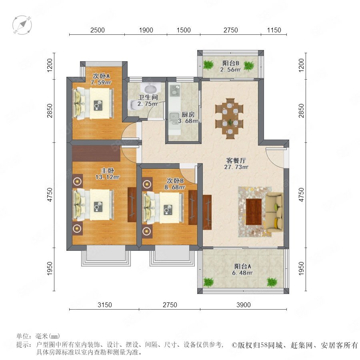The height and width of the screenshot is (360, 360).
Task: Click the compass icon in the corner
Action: [22, 25]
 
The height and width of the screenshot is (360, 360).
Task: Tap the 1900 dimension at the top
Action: [146, 30]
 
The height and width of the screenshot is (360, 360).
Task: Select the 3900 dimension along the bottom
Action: [243, 305]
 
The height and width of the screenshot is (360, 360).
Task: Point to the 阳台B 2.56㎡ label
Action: [230, 66]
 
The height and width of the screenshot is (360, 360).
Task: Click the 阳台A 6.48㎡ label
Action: [242, 270]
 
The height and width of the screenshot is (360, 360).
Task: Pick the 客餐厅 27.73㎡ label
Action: [236, 164]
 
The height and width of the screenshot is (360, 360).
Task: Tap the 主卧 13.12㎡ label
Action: [108, 174]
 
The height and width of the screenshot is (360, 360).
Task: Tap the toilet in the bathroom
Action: [134, 105]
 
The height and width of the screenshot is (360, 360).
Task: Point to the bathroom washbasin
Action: [150, 88]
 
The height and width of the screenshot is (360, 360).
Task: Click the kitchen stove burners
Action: [175, 90]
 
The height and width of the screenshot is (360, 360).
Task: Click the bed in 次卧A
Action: [93, 103]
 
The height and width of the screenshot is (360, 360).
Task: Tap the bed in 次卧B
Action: [163, 208]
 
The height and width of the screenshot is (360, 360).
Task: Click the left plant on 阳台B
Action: [208, 65]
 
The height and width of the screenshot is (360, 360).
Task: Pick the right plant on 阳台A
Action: [272, 282]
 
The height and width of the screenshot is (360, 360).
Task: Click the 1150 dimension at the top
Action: [274, 30]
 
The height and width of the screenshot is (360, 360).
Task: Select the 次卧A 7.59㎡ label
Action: [101, 79]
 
